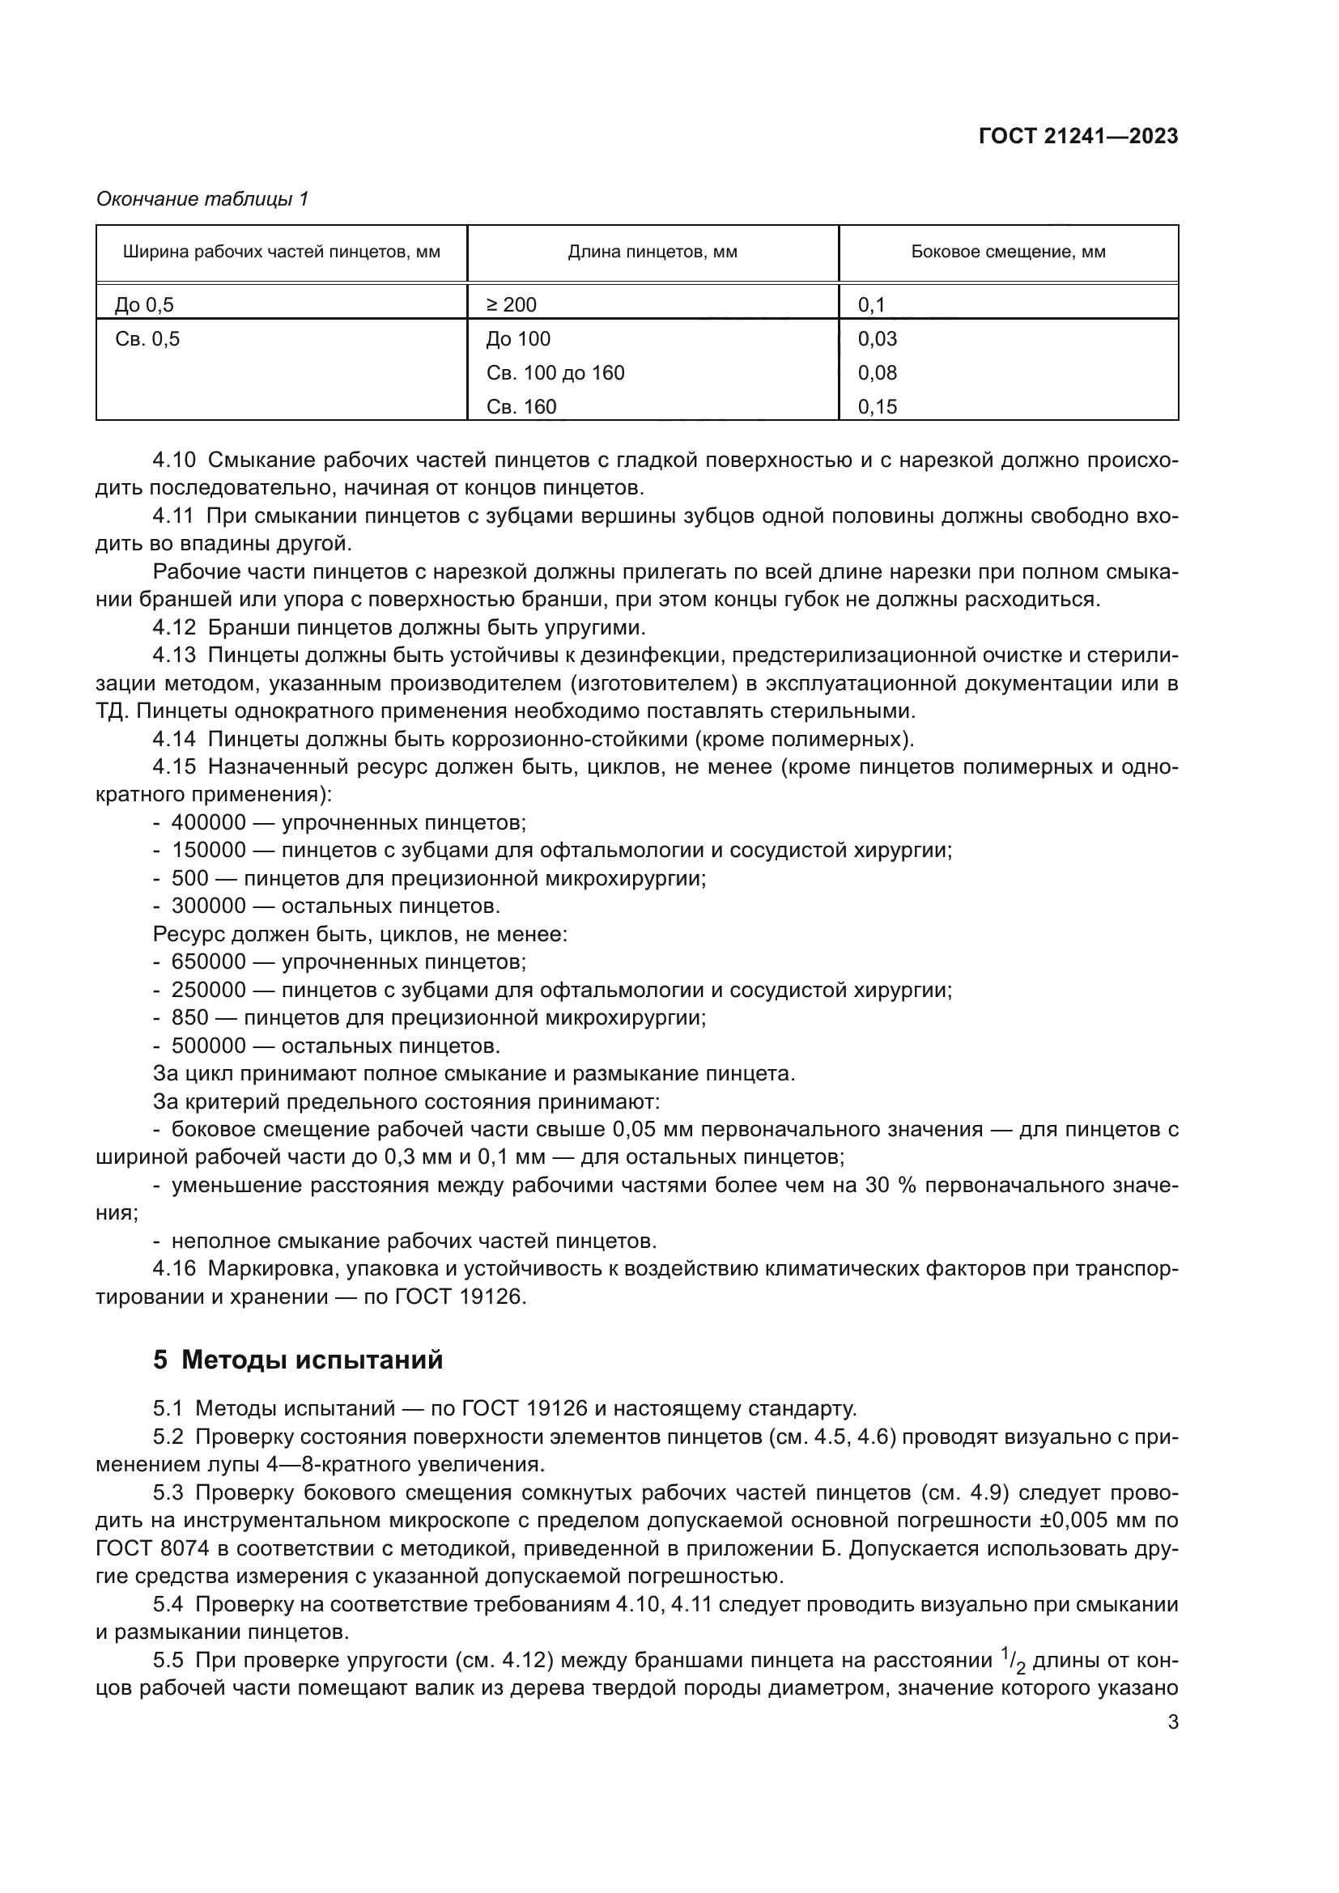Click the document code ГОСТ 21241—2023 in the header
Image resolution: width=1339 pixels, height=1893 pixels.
click(x=1078, y=136)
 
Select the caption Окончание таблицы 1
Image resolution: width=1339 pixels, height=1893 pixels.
click(x=202, y=199)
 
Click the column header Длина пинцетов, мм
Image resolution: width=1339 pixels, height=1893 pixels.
click(x=652, y=253)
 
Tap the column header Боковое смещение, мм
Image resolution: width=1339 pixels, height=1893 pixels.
click(x=1008, y=253)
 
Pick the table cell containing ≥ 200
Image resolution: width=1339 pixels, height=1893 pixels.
click(x=512, y=305)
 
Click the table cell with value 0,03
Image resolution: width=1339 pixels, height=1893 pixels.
click(x=878, y=339)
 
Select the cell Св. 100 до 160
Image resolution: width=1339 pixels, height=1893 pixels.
click(x=555, y=372)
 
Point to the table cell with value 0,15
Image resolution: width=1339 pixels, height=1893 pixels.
click(x=878, y=406)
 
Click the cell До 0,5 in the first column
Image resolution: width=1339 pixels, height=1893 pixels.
click(x=144, y=305)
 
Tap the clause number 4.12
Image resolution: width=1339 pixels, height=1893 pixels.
click(x=174, y=627)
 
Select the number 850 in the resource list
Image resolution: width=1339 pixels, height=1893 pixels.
click(x=189, y=1017)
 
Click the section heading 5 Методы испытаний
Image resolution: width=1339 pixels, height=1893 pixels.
click(x=298, y=1360)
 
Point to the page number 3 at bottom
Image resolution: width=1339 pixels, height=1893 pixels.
click(x=1172, y=1722)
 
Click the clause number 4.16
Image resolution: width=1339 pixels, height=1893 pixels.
click(x=174, y=1269)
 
